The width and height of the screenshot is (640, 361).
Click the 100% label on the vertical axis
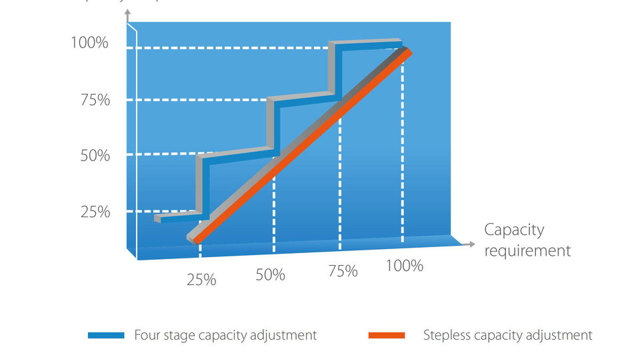89,44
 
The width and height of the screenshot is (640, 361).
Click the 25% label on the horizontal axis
201,280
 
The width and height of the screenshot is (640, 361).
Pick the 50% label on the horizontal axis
270,275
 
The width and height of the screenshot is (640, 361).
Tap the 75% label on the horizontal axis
343,271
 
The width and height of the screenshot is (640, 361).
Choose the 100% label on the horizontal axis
405,266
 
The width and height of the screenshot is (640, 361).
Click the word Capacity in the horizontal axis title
514,230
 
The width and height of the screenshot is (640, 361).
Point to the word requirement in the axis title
527,250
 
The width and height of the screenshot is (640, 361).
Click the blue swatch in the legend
106,336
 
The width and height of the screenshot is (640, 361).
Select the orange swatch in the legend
387,336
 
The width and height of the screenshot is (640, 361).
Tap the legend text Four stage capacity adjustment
225,335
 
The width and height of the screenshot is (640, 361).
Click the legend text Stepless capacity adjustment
507,335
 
